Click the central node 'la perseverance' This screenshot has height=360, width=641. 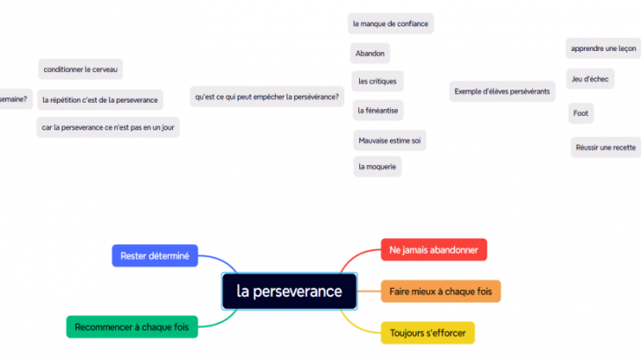(289, 292)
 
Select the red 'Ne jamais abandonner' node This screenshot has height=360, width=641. (434, 250)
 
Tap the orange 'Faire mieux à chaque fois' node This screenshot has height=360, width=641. (441, 291)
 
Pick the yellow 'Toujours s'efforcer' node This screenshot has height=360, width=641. (428, 333)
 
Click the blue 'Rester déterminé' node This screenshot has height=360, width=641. (155, 256)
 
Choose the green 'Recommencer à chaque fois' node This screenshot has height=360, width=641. (132, 328)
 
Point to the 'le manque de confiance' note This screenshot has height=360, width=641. (390, 24)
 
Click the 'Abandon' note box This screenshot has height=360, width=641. (370, 54)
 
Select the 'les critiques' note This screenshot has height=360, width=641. (377, 82)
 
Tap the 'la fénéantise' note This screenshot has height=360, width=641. (378, 111)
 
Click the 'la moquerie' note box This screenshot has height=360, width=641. (377, 166)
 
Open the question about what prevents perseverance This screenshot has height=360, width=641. (268, 97)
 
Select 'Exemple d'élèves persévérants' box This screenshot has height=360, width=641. (502, 91)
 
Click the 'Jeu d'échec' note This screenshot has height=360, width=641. (590, 79)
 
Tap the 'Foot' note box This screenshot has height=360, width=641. (580, 113)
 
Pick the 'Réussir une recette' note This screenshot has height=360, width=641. (605, 148)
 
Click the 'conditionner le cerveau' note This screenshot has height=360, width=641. (81, 68)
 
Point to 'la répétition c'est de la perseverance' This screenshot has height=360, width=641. (100, 100)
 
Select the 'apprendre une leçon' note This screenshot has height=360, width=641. (603, 48)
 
